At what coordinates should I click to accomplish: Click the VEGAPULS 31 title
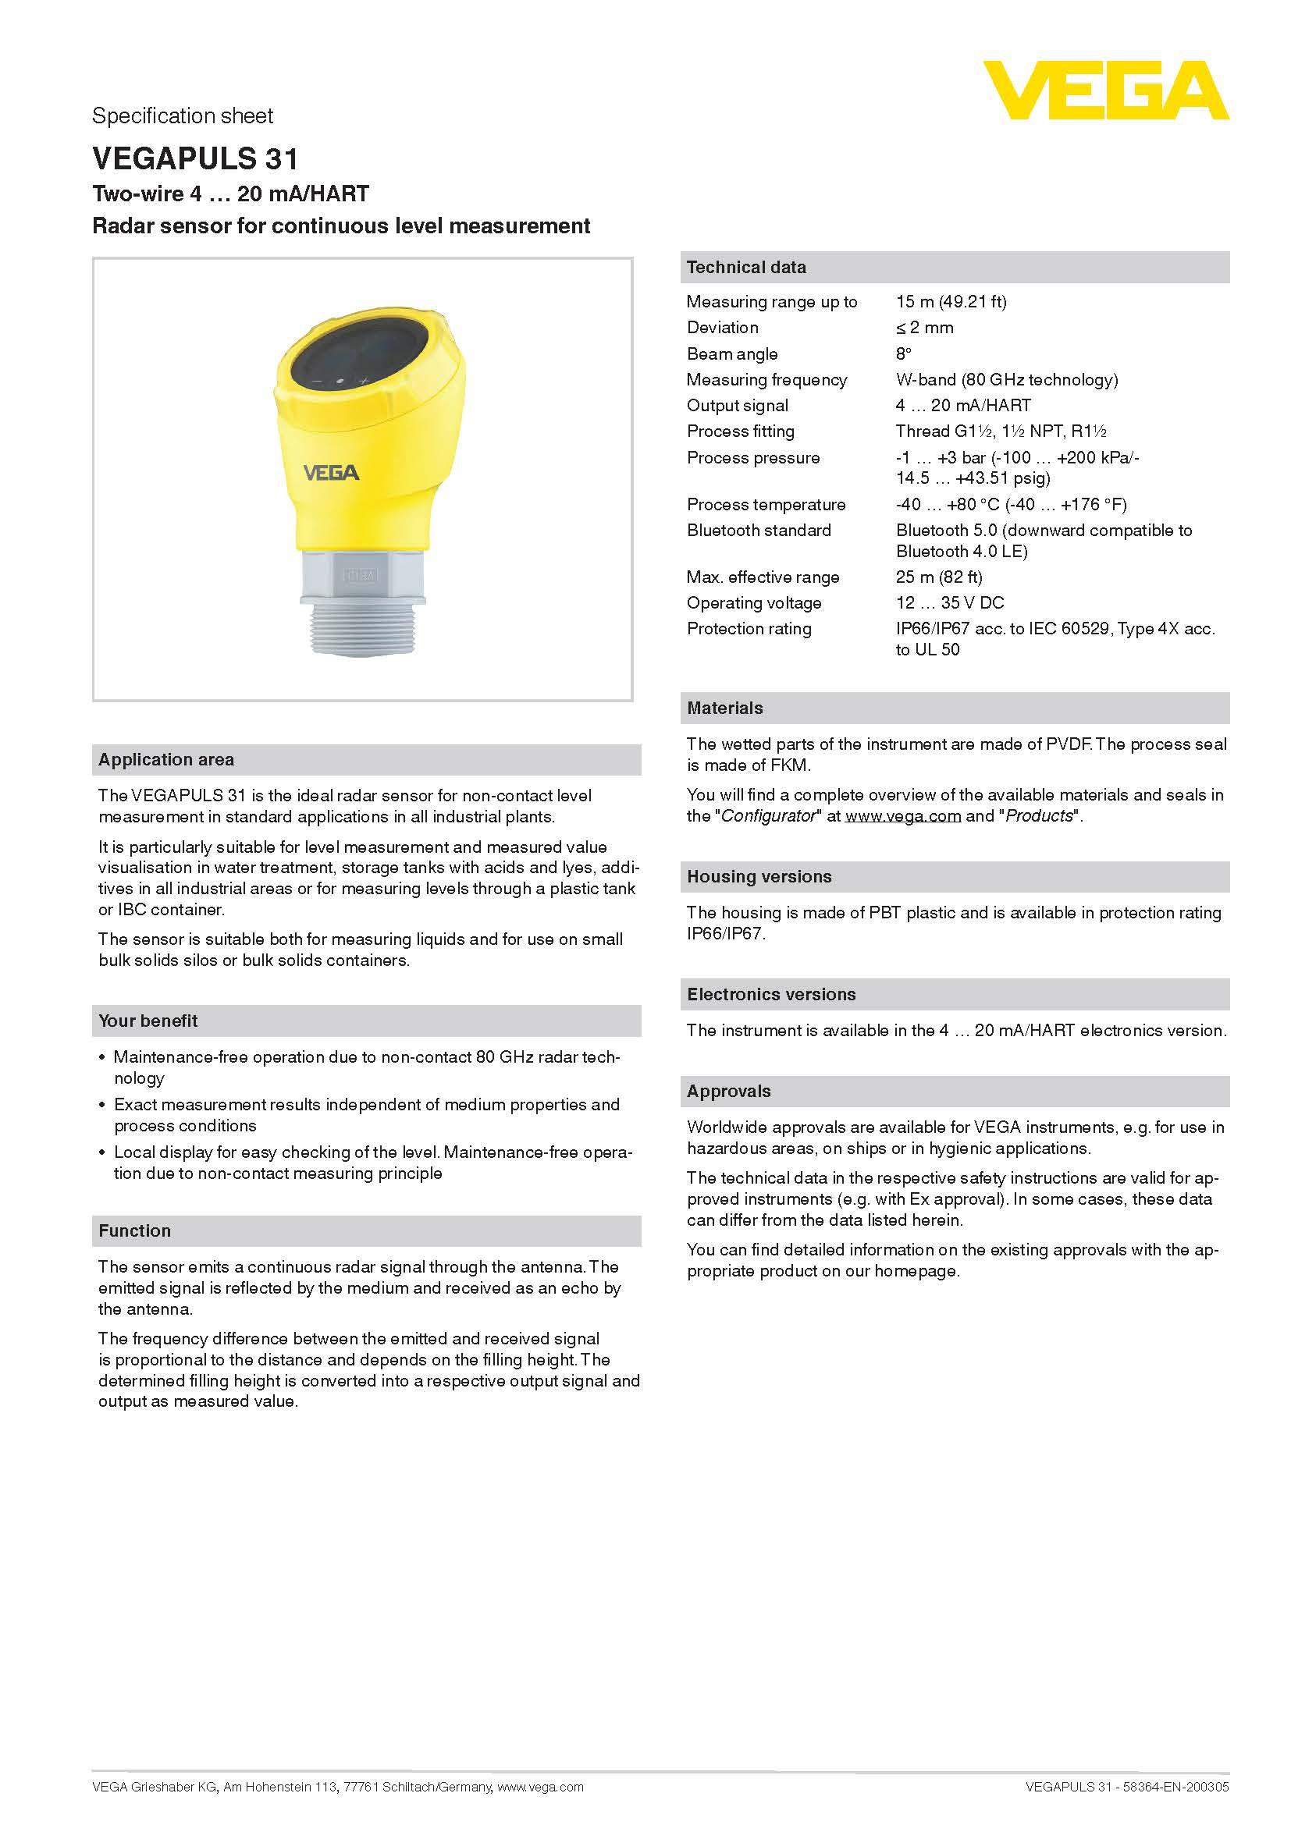tap(195, 159)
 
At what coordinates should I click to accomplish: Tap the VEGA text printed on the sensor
tap(331, 473)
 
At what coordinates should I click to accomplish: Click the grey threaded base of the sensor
tap(361, 628)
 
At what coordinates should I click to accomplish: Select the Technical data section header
tap(745, 268)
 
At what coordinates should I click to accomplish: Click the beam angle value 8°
tap(903, 353)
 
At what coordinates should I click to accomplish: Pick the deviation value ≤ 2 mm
tap(923, 328)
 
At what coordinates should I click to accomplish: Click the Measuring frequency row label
tap(766, 380)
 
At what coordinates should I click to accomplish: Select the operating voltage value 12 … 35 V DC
tap(949, 602)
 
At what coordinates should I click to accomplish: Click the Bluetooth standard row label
tap(759, 530)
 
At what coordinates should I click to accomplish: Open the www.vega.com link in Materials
tap(902, 816)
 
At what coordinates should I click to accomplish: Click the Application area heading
tap(166, 760)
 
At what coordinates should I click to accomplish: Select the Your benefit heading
tap(148, 1021)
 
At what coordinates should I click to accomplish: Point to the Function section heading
tap(134, 1231)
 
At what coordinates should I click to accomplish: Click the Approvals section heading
tap(728, 1092)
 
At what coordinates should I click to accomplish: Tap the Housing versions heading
tap(759, 877)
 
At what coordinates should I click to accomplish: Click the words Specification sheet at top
tap(182, 116)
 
